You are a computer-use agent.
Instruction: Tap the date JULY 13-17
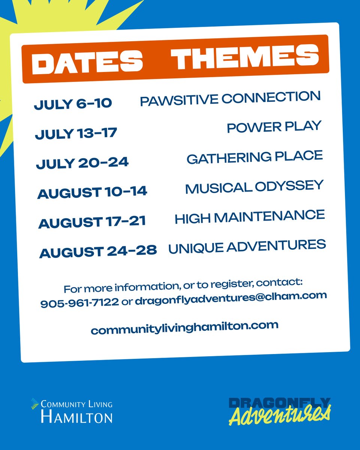pyautogui.click(x=76, y=133)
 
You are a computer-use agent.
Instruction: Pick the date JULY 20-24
pyautogui.click(x=82, y=163)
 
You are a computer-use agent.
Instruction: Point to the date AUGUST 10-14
pyautogui.click(x=92, y=192)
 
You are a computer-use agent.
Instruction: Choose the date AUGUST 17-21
pyautogui.click(x=92, y=222)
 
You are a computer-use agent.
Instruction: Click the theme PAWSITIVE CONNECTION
pyautogui.click(x=230, y=99)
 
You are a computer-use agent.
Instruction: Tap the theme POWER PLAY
pyautogui.click(x=274, y=127)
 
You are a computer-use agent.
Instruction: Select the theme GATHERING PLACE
pyautogui.click(x=255, y=157)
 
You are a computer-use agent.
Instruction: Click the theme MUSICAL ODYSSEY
pyautogui.click(x=254, y=187)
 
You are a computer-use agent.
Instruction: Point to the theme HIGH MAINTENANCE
pyautogui.click(x=250, y=216)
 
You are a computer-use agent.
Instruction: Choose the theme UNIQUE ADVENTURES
pyautogui.click(x=247, y=246)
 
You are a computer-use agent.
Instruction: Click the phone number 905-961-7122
pyautogui.click(x=79, y=301)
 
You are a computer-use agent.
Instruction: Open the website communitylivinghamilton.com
pyautogui.click(x=184, y=327)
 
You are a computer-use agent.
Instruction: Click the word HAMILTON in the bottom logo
pyautogui.click(x=76, y=417)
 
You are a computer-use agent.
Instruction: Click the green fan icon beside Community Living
pyautogui.click(x=35, y=403)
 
